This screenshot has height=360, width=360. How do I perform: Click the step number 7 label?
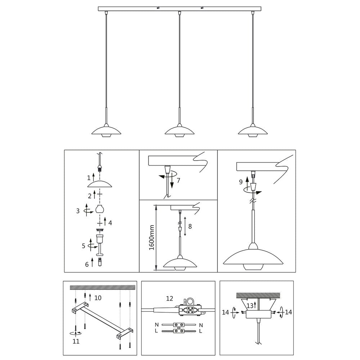(x=179, y=180)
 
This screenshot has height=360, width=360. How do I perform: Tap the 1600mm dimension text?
(x=152, y=238)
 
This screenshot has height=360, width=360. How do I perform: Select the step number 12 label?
(x=170, y=298)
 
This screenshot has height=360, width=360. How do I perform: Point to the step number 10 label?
(x=98, y=298)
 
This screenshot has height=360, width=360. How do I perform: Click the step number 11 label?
(x=76, y=341)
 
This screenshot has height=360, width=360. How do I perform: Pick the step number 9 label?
(x=240, y=182)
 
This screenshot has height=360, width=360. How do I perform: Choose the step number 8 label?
(x=190, y=226)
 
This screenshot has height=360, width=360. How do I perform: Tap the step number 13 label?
(x=250, y=306)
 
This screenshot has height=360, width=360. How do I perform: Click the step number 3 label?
(x=78, y=211)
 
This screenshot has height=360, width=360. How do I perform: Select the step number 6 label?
(x=87, y=265)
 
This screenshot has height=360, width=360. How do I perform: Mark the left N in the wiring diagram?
(x=157, y=325)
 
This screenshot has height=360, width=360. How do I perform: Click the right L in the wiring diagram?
(x=201, y=331)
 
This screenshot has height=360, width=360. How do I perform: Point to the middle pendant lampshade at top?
(x=180, y=131)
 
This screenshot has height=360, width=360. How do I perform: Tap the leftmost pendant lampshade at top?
(x=106, y=131)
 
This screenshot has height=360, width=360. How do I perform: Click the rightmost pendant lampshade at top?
(x=253, y=131)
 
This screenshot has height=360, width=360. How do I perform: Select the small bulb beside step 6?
(x=100, y=262)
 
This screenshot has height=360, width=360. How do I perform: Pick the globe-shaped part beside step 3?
(x=100, y=209)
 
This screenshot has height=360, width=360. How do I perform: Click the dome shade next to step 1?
(x=100, y=184)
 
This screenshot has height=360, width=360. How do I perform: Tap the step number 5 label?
(x=84, y=246)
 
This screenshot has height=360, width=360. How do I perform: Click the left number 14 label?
(x=226, y=312)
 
